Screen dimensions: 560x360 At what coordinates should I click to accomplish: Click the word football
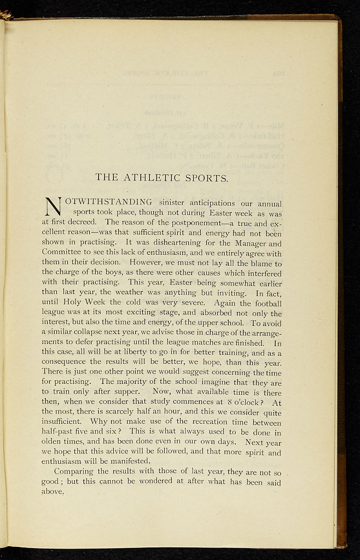pyautogui.click(x=265, y=303)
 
